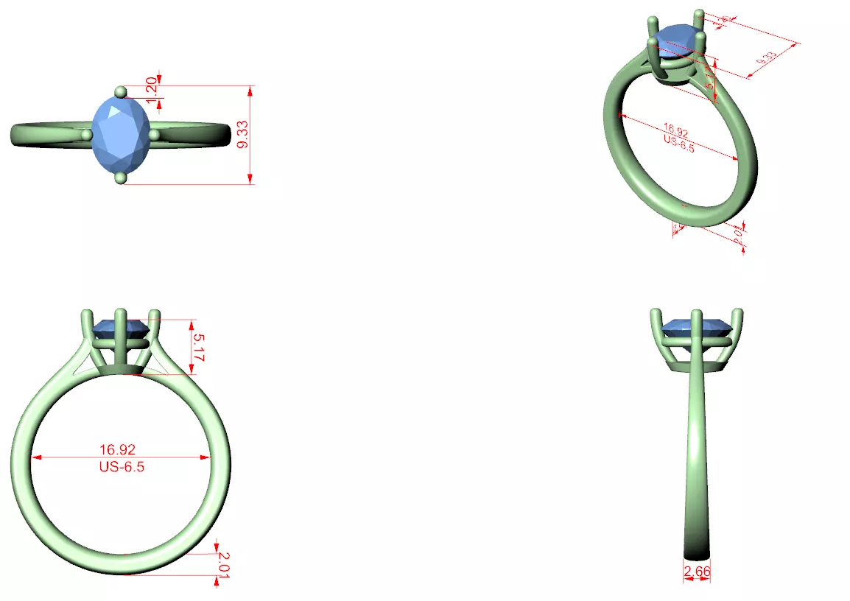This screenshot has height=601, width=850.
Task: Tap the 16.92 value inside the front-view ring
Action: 117,449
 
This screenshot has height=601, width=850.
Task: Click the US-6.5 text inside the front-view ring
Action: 122,466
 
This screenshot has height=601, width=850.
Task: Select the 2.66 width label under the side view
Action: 697,572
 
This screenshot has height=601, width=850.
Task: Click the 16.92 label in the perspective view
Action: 675,133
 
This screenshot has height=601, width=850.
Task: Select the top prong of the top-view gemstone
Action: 122,91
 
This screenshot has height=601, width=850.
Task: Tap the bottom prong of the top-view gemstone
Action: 121,178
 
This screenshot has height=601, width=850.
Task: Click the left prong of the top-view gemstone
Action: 88,135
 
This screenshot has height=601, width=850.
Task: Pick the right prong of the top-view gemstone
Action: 154,135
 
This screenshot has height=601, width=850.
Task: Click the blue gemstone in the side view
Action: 696,327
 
